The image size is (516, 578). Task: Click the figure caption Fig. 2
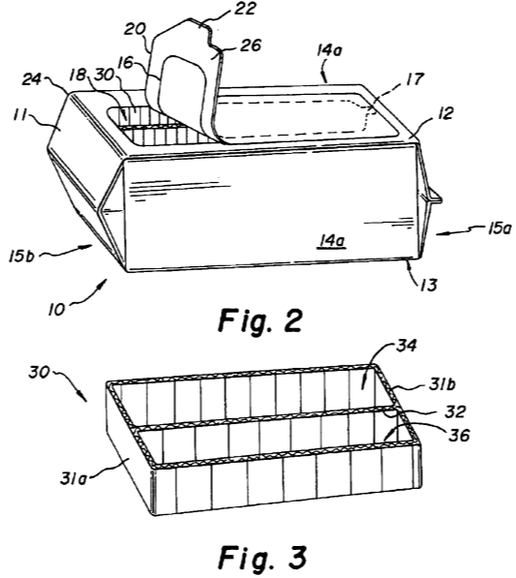point(260,319)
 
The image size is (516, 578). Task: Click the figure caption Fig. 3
point(262,557)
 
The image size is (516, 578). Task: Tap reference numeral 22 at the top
point(244,9)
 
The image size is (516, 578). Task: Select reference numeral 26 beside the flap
point(251,46)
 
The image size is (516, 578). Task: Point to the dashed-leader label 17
point(413,79)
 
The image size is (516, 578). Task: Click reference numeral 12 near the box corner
point(444,113)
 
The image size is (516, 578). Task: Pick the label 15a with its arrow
point(500,228)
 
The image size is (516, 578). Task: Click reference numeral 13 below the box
point(429,285)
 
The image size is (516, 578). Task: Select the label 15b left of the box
point(21,256)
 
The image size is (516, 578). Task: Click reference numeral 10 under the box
point(56,309)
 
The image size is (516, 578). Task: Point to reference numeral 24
point(33,79)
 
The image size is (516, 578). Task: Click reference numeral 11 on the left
point(20,115)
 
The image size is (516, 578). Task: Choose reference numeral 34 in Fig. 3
point(407,346)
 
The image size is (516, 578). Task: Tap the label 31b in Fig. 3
point(442,384)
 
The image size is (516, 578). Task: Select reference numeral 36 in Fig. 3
point(459,436)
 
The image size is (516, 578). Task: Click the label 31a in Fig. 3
point(73,479)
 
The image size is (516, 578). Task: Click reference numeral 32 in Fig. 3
point(456,411)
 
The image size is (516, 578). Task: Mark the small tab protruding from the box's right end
point(434,197)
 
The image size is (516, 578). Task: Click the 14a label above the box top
point(329,50)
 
